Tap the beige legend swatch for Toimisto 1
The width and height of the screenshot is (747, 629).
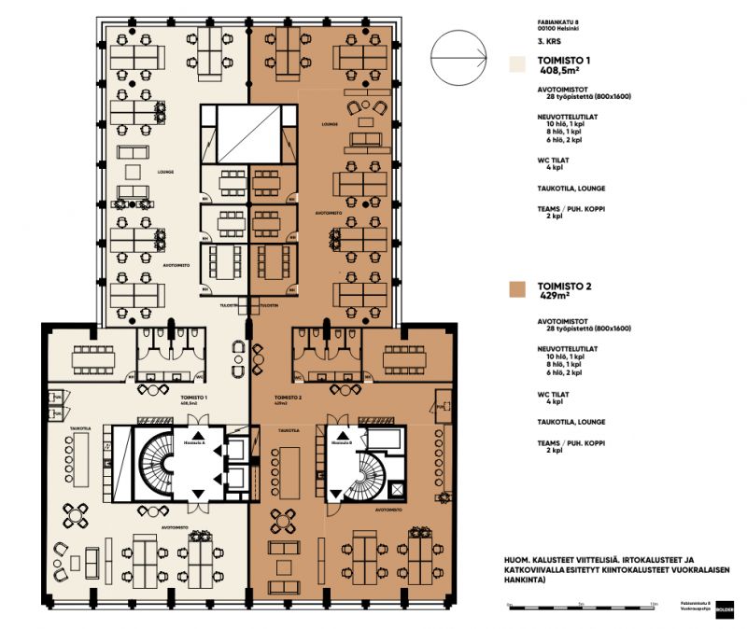coord(514,64)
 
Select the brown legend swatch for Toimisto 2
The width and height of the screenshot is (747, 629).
coord(514,287)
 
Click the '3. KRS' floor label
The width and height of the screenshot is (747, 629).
coord(550,42)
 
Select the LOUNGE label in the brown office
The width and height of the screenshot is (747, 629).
coord(328,123)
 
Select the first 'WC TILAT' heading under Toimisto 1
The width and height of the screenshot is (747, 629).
coord(552,160)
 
